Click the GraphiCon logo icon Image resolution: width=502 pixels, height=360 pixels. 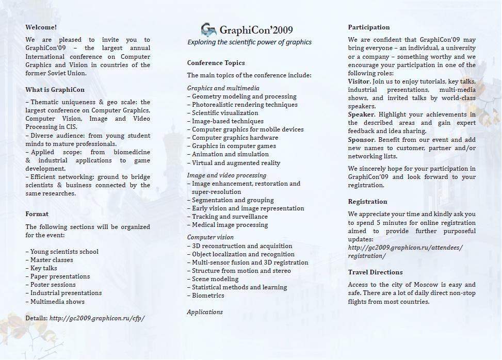[x=208, y=29]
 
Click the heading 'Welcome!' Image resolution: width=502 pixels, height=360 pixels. [x=41, y=27]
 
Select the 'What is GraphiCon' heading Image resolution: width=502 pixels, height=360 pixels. [x=55, y=90]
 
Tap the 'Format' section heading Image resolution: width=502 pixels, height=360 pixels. [x=37, y=214]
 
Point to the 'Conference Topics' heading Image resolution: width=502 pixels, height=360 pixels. [x=216, y=63]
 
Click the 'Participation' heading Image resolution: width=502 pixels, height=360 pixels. [x=369, y=27]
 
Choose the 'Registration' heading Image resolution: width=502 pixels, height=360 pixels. [x=367, y=202]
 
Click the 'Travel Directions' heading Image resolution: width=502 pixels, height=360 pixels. [x=375, y=272]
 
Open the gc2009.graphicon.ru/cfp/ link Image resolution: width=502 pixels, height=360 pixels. [x=97, y=318]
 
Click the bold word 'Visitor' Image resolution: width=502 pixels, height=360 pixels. [x=359, y=81]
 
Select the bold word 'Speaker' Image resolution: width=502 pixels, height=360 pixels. [x=361, y=114]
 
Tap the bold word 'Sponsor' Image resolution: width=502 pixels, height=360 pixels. [x=361, y=140]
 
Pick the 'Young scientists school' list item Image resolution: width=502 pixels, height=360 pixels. [x=64, y=252]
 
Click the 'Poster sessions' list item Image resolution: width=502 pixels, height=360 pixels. [x=53, y=285]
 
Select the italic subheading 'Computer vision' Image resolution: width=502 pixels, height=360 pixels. [x=210, y=237]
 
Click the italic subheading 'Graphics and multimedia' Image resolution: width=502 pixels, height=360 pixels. [x=223, y=88]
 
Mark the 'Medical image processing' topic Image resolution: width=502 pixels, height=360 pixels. [x=230, y=225]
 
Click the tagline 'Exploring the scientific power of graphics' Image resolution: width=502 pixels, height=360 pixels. [x=249, y=42]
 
